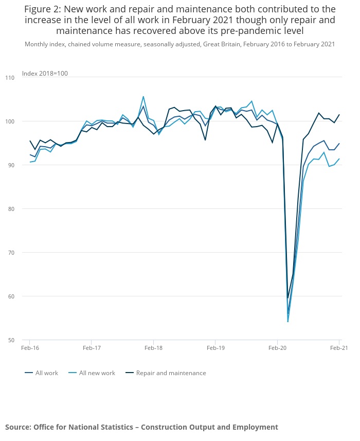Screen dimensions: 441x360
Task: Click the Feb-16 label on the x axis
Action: point(30,348)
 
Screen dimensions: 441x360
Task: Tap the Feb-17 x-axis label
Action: point(91,348)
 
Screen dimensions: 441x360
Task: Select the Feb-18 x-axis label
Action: point(153,348)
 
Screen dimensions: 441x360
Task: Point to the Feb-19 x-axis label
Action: point(215,348)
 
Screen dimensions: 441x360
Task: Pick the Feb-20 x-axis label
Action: point(277,348)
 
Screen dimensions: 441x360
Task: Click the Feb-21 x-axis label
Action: point(339,348)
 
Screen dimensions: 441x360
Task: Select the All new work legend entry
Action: point(97,373)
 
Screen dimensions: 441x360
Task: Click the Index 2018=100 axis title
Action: point(45,74)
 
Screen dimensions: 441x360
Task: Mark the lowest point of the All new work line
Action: point(287,322)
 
